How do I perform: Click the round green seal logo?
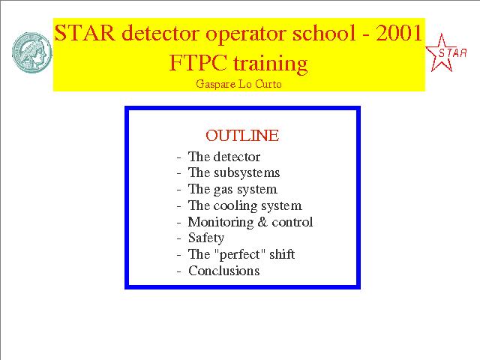[31, 52]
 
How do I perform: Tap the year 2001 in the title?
[399, 33]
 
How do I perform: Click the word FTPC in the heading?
[198, 63]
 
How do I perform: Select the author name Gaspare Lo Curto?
[238, 84]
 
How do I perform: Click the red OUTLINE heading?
[242, 136]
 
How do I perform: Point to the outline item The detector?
[224, 157]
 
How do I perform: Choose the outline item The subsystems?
[234, 172]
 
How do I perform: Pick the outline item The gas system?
[232, 190]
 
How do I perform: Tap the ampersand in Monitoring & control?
[262, 222]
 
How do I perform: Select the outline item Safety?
[206, 238]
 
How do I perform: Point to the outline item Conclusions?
[223, 271]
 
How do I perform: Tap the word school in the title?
[323, 32]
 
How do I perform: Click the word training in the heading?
[270, 64]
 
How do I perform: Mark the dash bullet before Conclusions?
[179, 271]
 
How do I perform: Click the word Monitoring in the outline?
[220, 223]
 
